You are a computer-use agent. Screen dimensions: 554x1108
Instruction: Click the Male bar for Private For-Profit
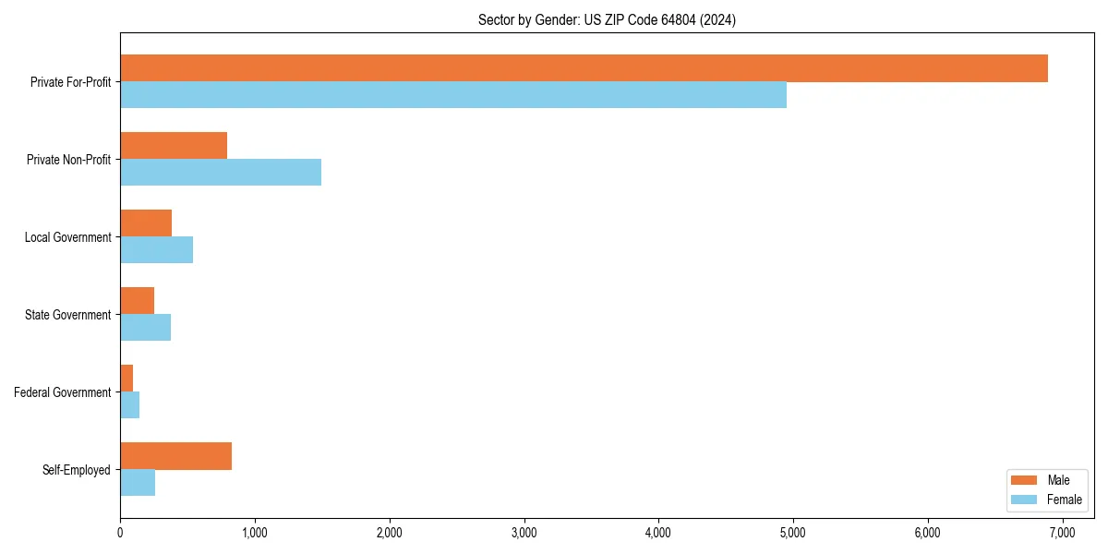pyautogui.click(x=584, y=68)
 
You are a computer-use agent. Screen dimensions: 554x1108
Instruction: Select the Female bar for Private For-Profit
pyautogui.click(x=453, y=95)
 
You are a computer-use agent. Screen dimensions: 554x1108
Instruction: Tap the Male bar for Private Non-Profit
pyautogui.click(x=174, y=146)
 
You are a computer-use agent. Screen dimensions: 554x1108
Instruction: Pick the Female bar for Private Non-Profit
pyautogui.click(x=221, y=173)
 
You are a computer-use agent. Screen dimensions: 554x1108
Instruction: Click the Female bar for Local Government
pyautogui.click(x=156, y=250)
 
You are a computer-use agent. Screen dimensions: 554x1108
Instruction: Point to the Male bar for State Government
pyautogui.click(x=137, y=301)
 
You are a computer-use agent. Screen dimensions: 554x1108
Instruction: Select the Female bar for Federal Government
pyautogui.click(x=129, y=405)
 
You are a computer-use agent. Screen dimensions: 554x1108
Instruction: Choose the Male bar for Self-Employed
pyautogui.click(x=175, y=456)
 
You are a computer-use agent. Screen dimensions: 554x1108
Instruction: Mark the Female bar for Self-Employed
pyautogui.click(x=138, y=483)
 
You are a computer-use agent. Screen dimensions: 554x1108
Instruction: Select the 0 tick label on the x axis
pyautogui.click(x=120, y=533)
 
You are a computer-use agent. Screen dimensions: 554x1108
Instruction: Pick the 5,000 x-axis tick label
pyautogui.click(x=793, y=533)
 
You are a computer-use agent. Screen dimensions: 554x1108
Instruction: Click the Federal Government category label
pyautogui.click(x=63, y=392)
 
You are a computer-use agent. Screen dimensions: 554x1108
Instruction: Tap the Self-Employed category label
pyautogui.click(x=77, y=470)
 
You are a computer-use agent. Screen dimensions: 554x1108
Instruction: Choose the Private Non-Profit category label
pyautogui.click(x=68, y=160)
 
